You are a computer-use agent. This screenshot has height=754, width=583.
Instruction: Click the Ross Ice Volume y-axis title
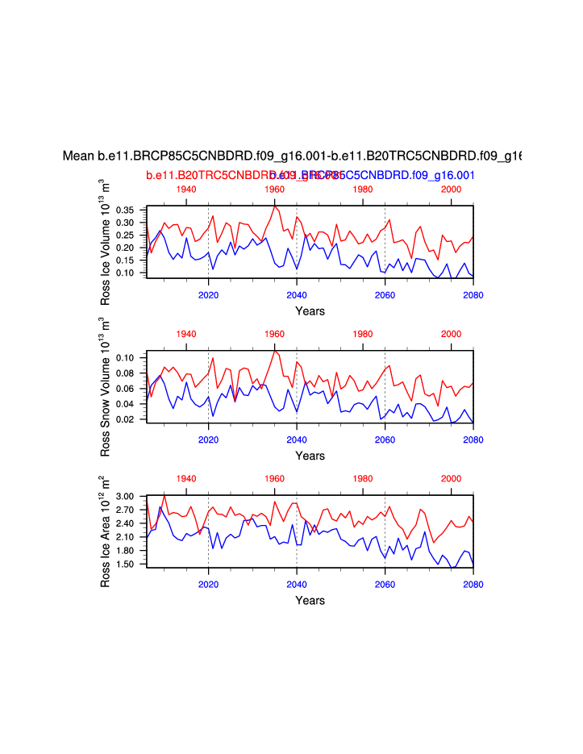pos(106,242)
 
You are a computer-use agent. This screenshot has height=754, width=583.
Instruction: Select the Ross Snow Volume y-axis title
pos(106,385)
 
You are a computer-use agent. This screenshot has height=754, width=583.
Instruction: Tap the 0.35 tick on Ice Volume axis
pos(129,210)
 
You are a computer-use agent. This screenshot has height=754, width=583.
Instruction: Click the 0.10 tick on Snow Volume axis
pos(129,357)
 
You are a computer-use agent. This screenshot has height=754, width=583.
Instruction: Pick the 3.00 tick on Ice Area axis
pos(129,497)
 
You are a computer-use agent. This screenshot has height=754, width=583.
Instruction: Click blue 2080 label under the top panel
pos(473,295)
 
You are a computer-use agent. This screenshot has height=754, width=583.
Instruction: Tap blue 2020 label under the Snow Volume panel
pos(209,439)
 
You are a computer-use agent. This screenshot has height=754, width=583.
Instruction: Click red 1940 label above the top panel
pos(186,189)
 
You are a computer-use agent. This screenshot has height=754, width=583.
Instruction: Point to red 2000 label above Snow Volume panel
pos(451,334)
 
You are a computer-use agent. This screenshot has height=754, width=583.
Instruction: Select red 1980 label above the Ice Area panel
pos(363,478)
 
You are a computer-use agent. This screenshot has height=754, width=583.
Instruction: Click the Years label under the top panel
pos(310,311)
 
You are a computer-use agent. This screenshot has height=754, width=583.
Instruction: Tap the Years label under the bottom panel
pos(310,600)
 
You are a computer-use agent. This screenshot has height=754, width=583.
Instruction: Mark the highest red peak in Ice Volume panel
pos(276,206)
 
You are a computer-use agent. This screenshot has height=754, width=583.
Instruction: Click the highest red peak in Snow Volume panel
pos(275,351)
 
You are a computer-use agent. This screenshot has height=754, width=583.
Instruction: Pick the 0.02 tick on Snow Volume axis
pos(129,419)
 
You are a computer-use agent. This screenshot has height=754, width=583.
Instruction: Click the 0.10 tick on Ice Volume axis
pos(129,273)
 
